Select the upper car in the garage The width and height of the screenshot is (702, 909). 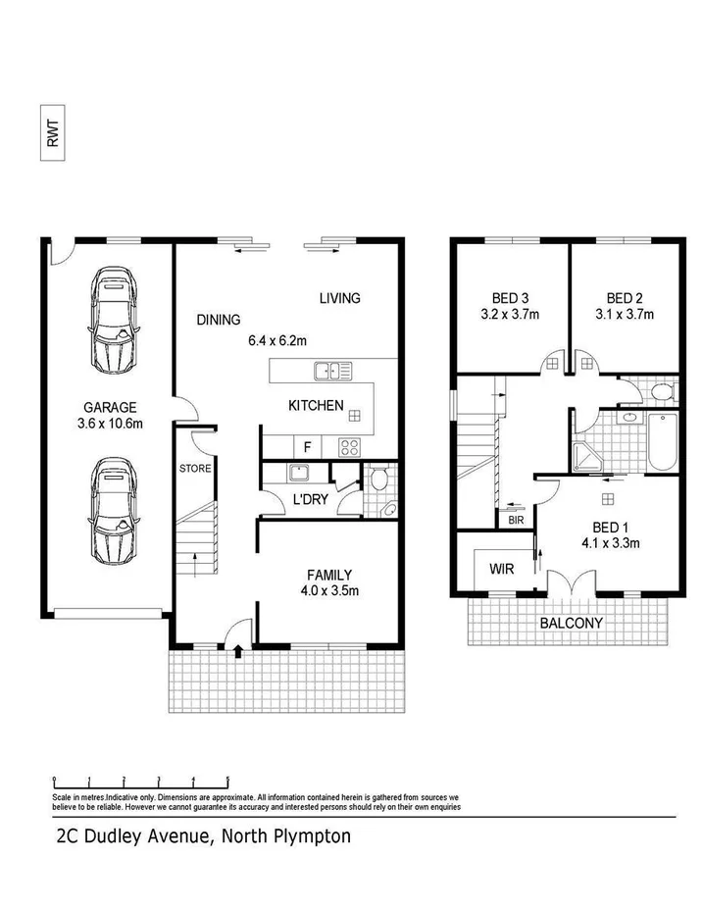[x=115, y=320]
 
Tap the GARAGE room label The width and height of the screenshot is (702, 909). [x=109, y=407]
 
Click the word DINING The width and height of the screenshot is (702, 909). [x=218, y=319]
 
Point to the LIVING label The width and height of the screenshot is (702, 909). [x=340, y=298]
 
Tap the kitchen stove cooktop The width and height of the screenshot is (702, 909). [x=350, y=447]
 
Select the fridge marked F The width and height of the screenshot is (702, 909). [x=307, y=447]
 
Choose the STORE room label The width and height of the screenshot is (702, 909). [x=195, y=469]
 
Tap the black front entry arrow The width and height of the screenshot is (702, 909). [x=238, y=647]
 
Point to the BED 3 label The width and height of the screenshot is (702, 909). [x=510, y=298]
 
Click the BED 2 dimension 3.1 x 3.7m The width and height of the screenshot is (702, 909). [x=624, y=315]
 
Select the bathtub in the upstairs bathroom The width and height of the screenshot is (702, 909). [x=664, y=441]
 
